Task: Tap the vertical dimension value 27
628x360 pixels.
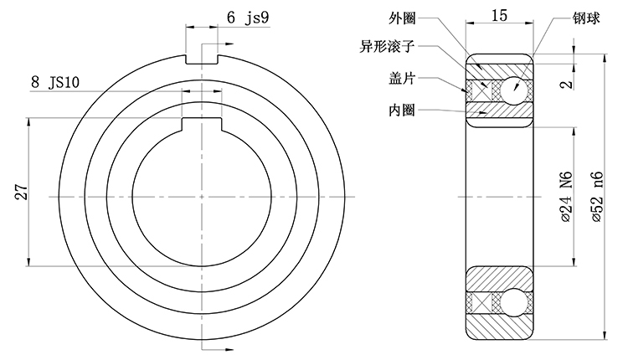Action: coord(22,192)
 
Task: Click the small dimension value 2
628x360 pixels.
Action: coord(567,84)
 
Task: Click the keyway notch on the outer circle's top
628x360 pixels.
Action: coord(201,59)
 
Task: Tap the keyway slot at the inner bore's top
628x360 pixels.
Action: coord(201,125)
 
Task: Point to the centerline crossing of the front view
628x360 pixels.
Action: coord(201,197)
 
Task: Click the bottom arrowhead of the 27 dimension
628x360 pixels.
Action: coord(29,260)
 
